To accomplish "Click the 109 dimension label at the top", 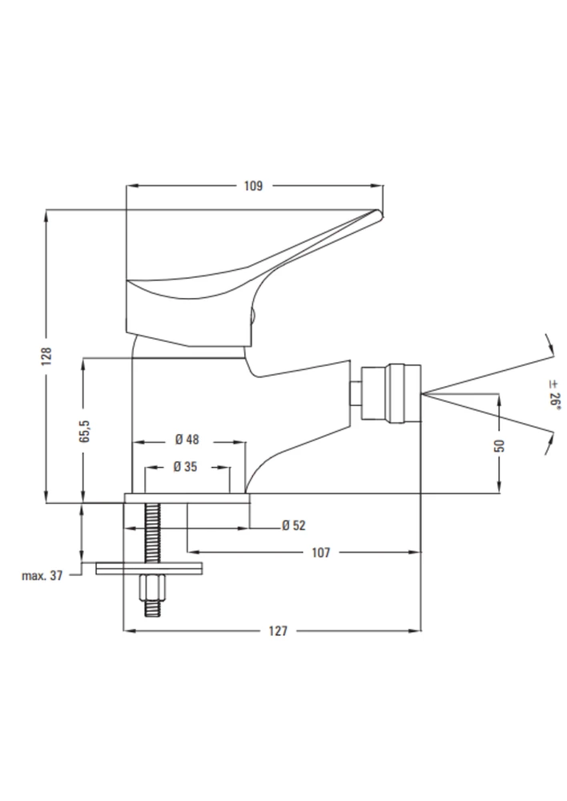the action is [x=253, y=186].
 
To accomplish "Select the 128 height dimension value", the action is [x=46, y=356].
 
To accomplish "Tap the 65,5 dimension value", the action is [x=85, y=431].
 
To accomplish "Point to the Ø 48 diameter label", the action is [x=187, y=439].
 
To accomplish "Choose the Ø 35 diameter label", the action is [x=185, y=466].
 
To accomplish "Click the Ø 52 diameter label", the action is [x=294, y=525].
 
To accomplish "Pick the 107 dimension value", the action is [x=321, y=552].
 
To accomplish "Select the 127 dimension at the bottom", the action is [x=278, y=631].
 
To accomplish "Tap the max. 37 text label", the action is [x=42, y=576].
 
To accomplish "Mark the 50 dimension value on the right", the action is [x=500, y=445].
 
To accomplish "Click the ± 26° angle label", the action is [x=555, y=394].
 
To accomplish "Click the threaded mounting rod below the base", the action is [x=153, y=559].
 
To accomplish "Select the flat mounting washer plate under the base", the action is [x=149, y=569].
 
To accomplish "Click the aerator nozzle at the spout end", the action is [x=391, y=394].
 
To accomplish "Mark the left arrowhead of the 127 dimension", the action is [x=129, y=631].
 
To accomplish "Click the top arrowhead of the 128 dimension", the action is [x=46, y=215].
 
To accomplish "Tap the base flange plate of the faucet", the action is [x=187, y=498].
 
